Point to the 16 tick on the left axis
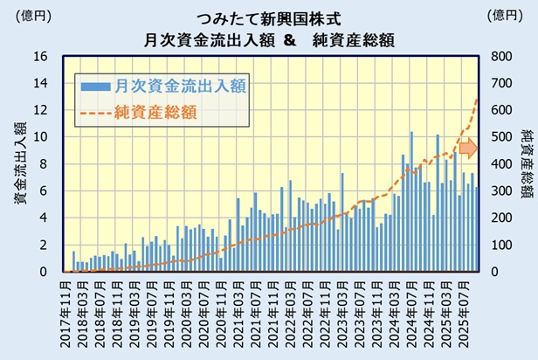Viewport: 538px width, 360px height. pyautogui.click(x=41, y=57)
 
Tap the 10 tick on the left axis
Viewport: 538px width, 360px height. pyautogui.click(x=41, y=137)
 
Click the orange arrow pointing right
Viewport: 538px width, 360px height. pyautogui.click(x=468, y=149)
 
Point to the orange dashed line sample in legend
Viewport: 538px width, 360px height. pyautogui.click(x=97, y=112)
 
